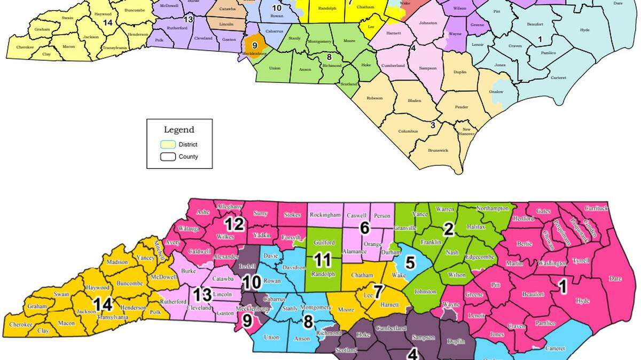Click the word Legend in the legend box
coord(179,130)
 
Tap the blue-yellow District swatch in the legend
coord(168,145)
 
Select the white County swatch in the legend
coord(168,157)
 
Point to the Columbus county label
coord(408,132)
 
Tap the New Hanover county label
coord(466,132)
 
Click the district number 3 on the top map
coord(433,125)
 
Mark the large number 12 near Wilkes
coord(234,223)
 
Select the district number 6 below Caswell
coord(365,228)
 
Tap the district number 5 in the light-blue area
coord(410,262)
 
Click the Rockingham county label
coord(325,215)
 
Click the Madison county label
coord(117,262)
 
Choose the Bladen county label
coord(415,100)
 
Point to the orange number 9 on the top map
coord(255,45)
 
